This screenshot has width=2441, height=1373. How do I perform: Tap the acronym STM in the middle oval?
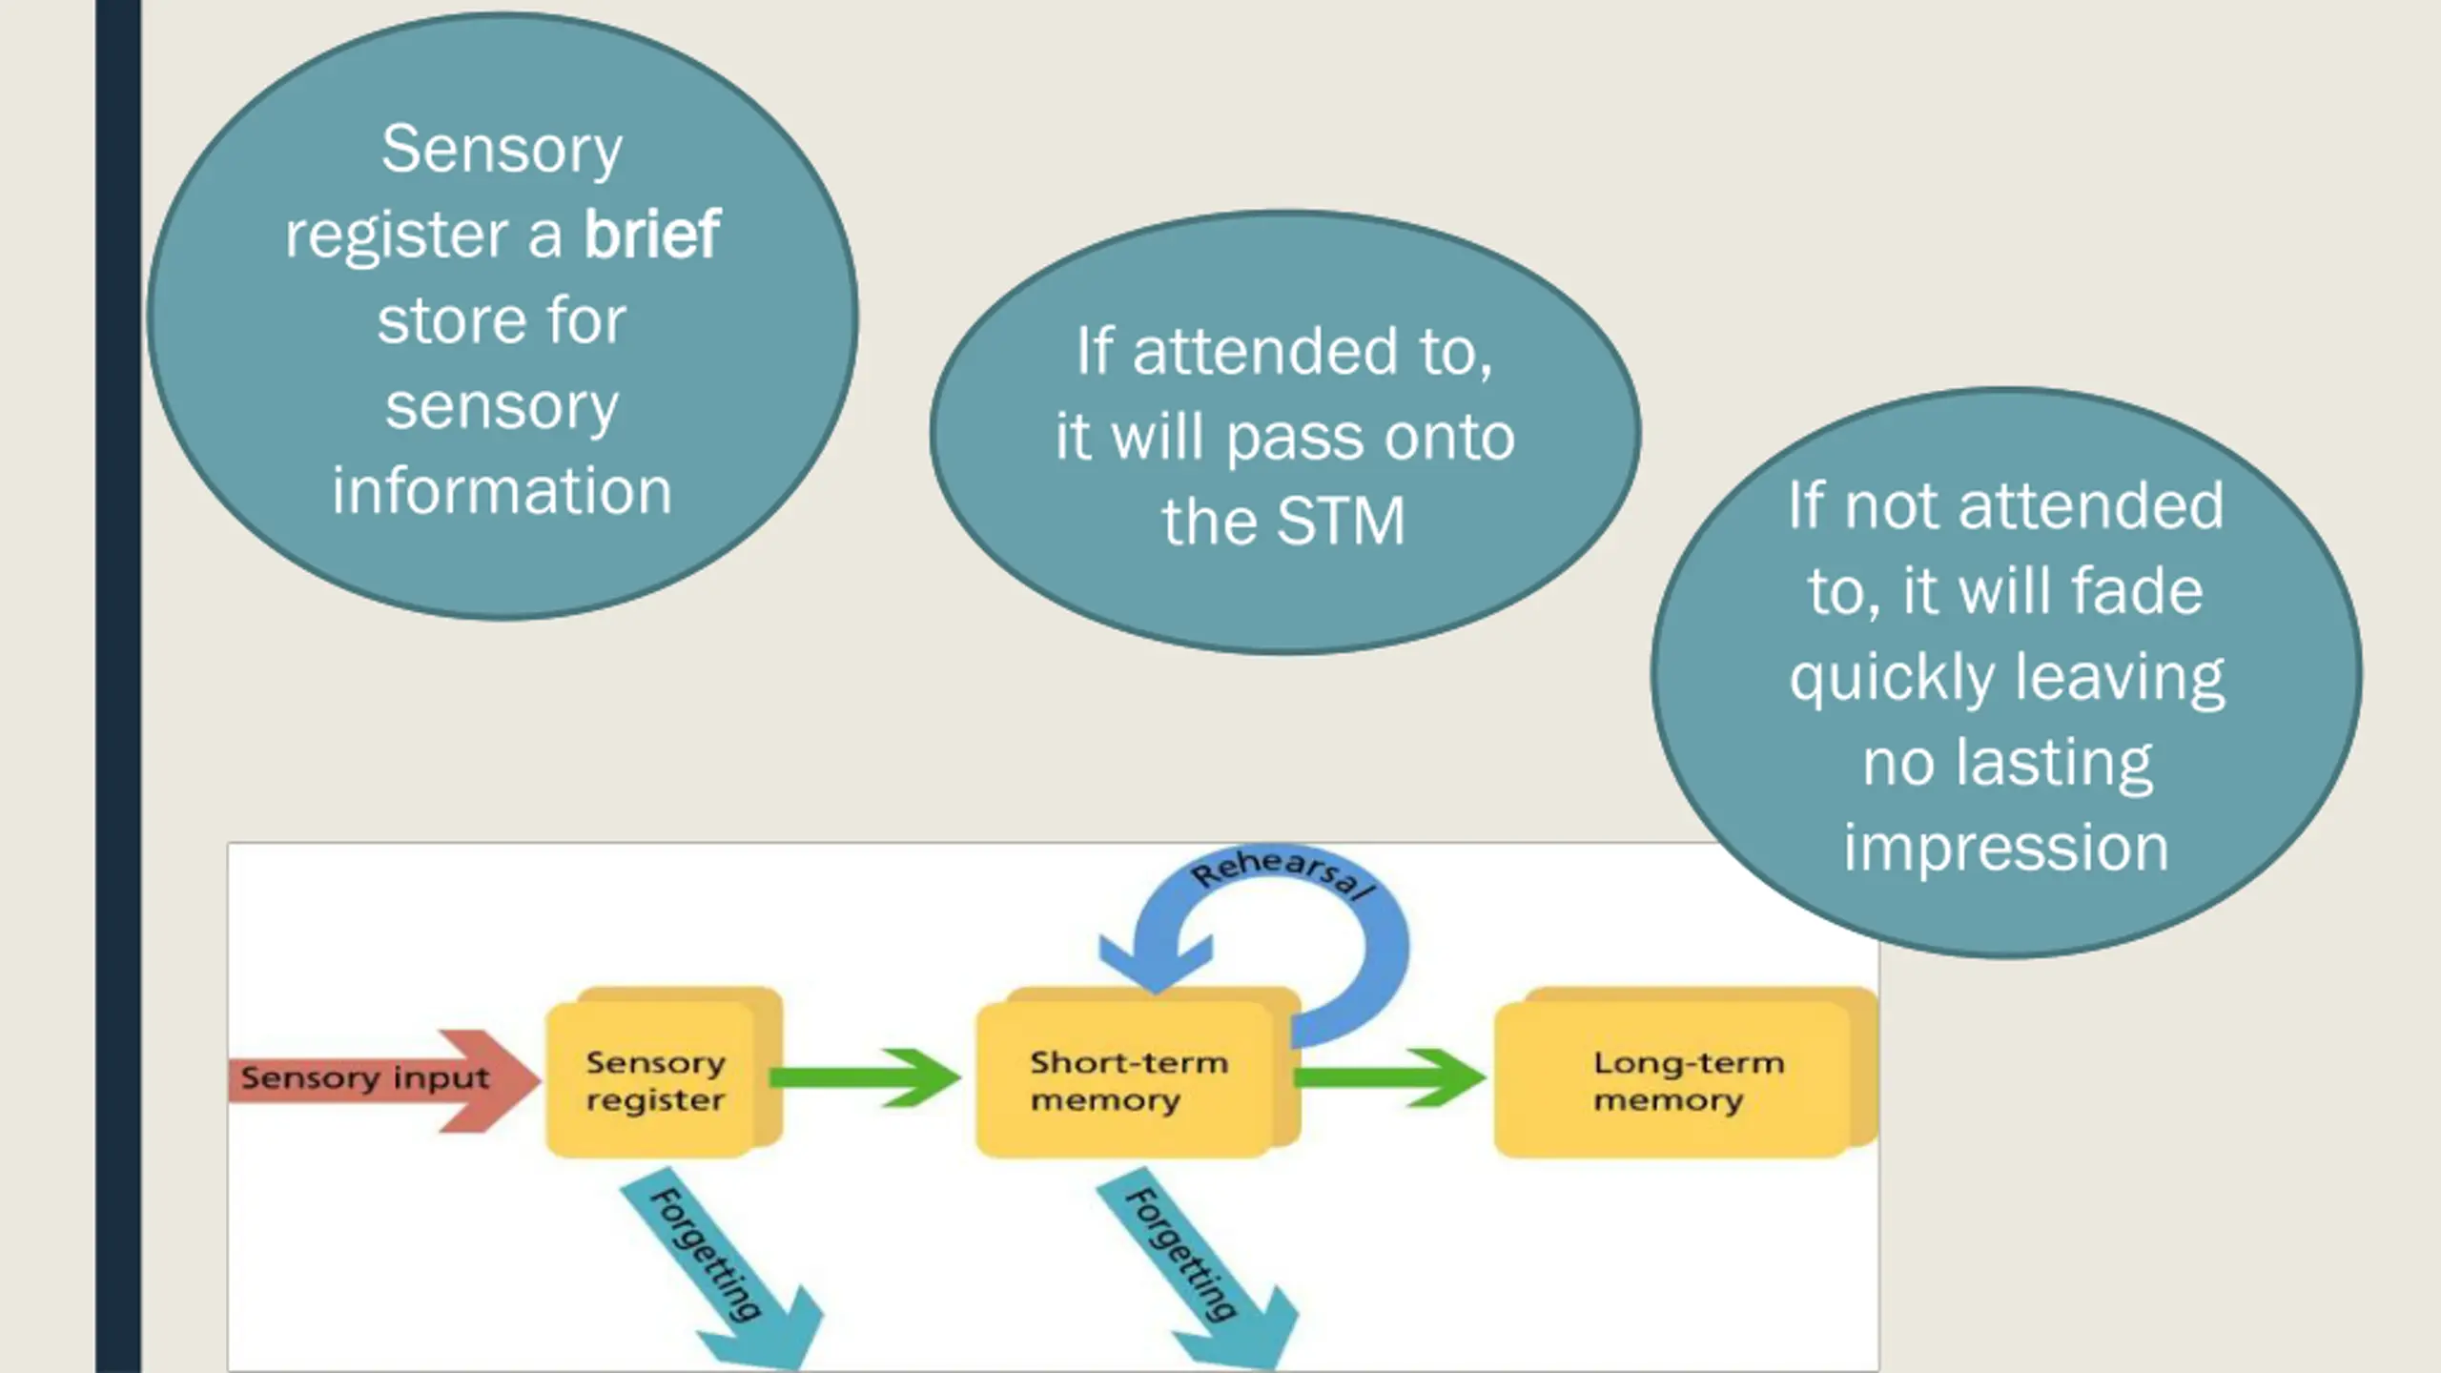1340,521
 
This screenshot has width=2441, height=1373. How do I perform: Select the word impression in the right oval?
2006,848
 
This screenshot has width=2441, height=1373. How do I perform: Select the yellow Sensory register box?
664,1073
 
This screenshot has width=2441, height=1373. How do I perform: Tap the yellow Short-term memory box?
1138,1073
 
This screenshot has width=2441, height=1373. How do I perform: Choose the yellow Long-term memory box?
1686,1073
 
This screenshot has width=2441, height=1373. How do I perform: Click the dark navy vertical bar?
118,686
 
